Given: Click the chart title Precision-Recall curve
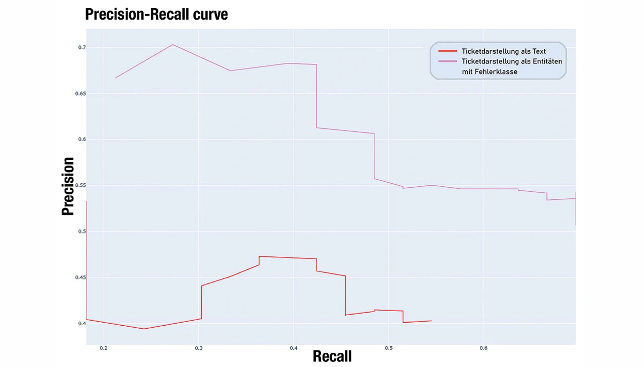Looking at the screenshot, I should point(156,14).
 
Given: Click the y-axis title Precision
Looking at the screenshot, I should point(68,186).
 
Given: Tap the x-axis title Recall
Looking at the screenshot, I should point(332,356).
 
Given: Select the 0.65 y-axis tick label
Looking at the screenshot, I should point(79,94).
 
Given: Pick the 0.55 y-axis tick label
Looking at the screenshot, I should point(79,185).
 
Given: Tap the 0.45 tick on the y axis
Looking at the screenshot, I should point(79,277).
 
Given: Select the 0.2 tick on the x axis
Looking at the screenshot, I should point(104,348).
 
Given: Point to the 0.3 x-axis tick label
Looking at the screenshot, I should point(199,348).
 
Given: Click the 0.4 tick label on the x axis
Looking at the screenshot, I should point(294,348).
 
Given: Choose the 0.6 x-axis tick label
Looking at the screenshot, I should point(484,348).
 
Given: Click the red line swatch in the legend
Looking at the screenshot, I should point(447,51).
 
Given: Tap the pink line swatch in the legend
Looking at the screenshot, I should point(447,61).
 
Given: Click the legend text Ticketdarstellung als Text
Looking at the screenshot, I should point(504,51).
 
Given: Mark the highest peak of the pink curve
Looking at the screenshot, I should point(173,44).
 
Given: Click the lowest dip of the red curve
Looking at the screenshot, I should point(144,329).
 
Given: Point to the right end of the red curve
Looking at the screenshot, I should point(431,321).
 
